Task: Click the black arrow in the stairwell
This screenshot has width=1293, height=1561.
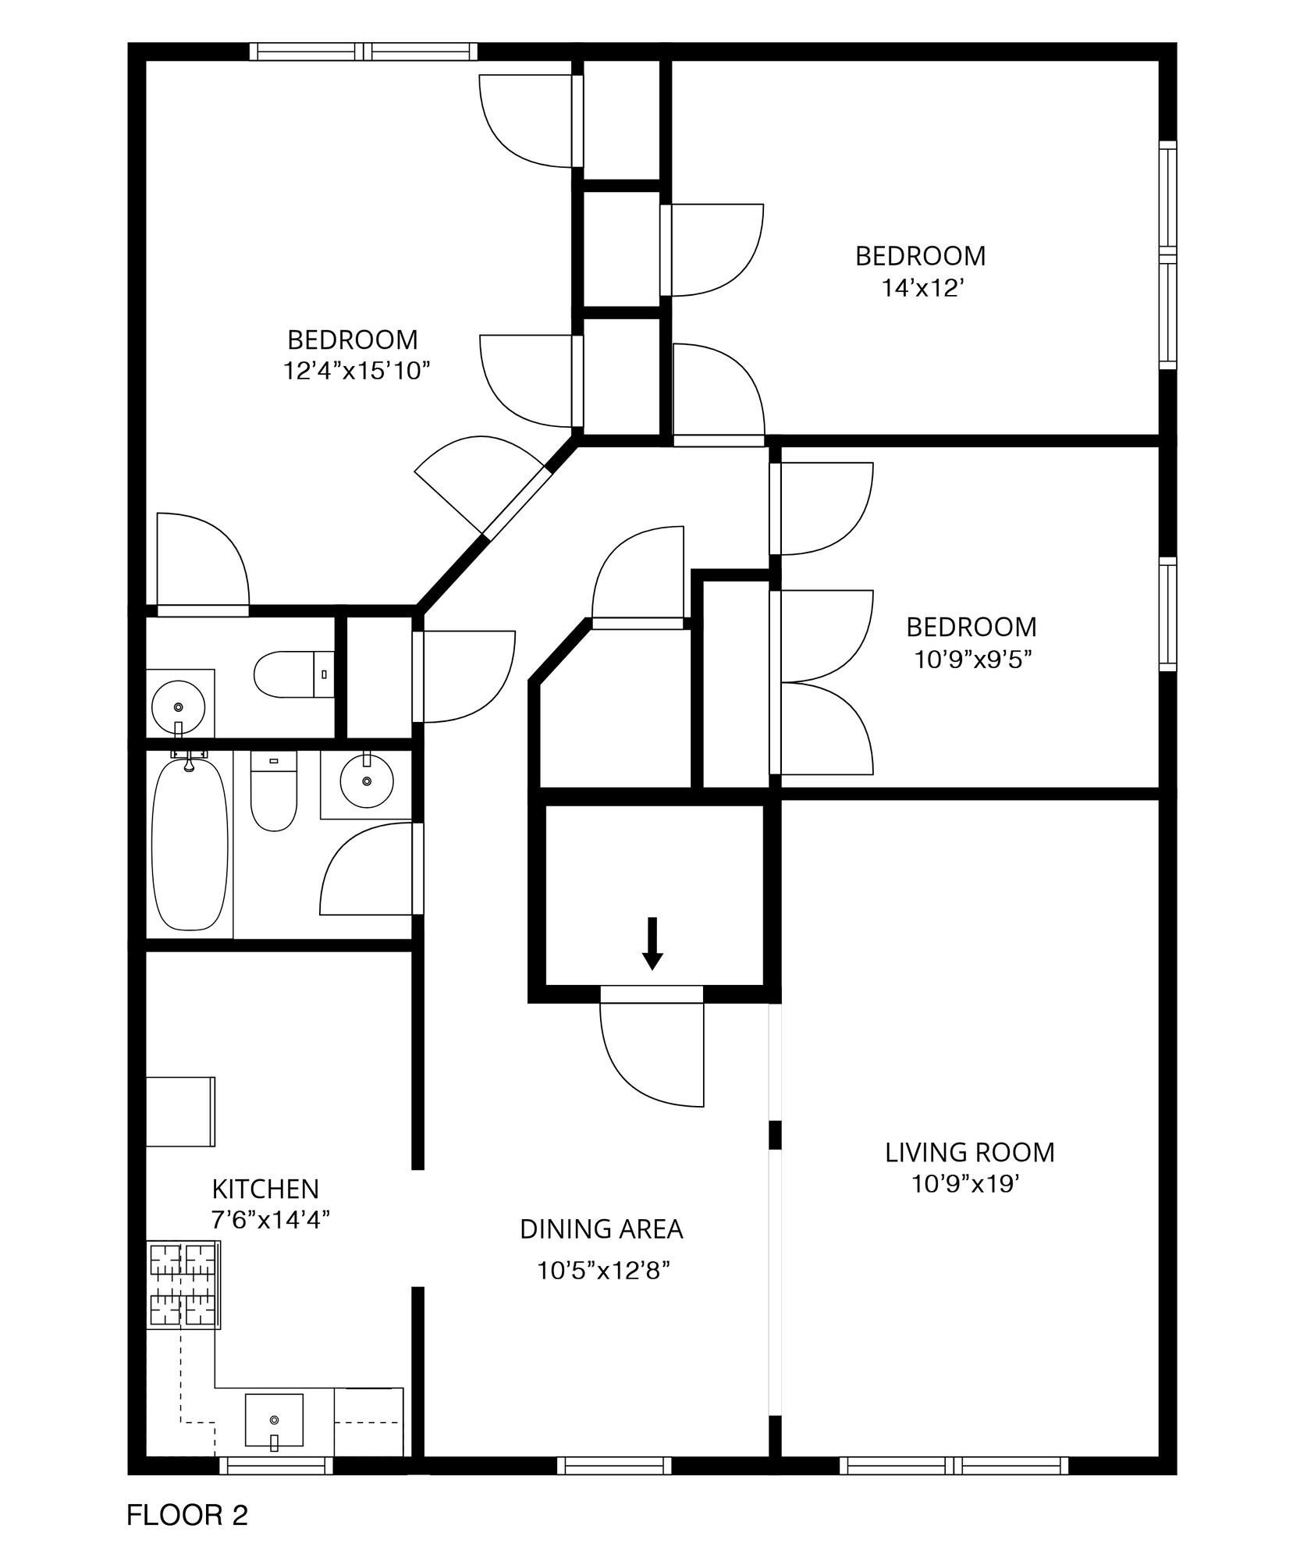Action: (652, 943)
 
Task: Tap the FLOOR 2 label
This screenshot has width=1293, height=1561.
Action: (187, 1515)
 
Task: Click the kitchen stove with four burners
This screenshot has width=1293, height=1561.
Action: (184, 1284)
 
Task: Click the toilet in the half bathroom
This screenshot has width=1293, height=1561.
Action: (294, 674)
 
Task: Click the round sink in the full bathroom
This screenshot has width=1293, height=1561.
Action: (366, 780)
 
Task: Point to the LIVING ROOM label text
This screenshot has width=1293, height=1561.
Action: (969, 1152)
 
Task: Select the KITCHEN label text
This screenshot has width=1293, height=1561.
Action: (265, 1189)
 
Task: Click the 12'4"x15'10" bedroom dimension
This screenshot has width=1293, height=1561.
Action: (357, 370)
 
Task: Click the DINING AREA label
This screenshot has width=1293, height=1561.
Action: (602, 1229)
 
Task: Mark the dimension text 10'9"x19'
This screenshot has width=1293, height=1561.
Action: (966, 1184)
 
